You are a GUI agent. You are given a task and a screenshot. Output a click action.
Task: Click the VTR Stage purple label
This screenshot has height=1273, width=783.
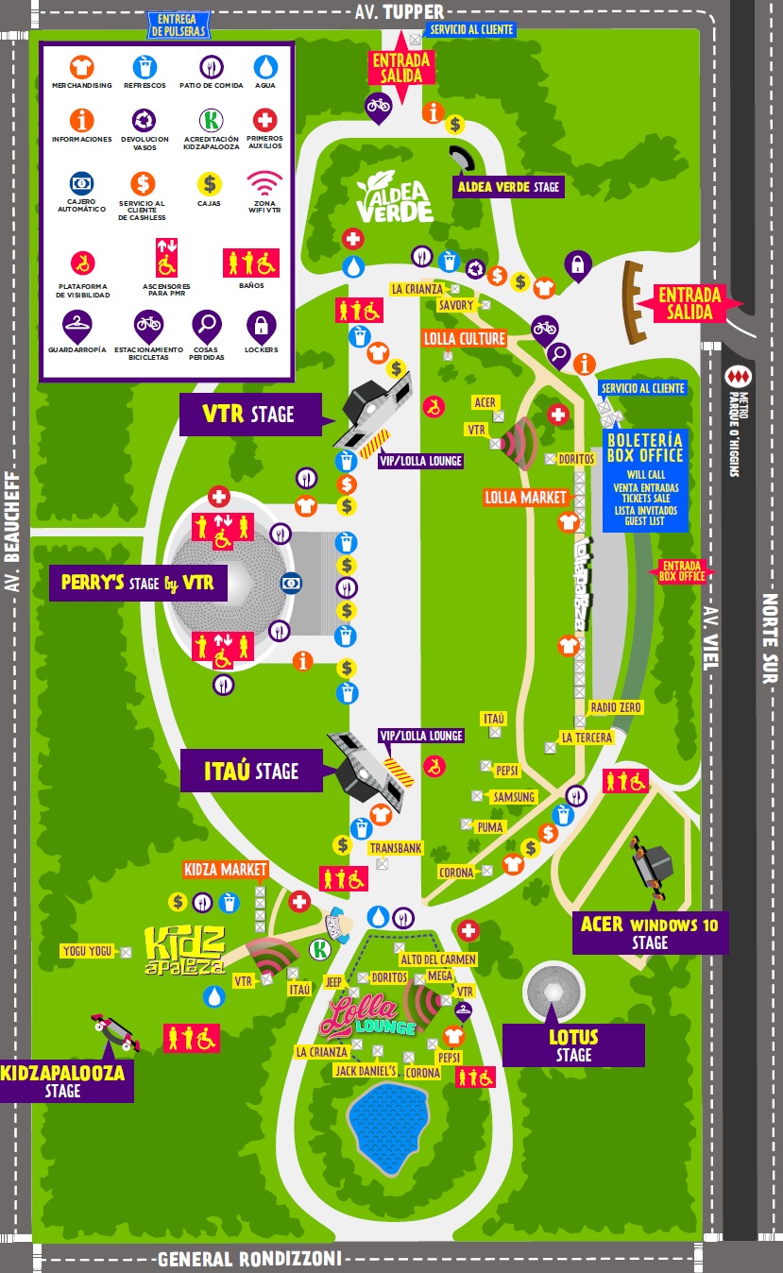(247, 415)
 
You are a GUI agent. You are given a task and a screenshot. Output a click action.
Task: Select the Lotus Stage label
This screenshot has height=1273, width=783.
(573, 1045)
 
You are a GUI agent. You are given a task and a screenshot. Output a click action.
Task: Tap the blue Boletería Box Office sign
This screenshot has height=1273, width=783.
(645, 480)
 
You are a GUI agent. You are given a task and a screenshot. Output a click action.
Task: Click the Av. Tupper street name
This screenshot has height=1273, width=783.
(399, 11)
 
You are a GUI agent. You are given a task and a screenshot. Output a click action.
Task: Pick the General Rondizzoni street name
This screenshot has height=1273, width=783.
(249, 1259)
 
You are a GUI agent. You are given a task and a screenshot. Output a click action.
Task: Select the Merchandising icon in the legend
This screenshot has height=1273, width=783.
(81, 67)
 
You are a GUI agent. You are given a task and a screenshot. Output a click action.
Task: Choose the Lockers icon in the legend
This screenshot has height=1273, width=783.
(262, 328)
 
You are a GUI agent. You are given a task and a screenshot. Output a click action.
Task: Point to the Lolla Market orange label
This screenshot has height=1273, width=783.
(526, 497)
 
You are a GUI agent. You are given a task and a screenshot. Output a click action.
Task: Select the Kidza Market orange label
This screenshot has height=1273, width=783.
(226, 869)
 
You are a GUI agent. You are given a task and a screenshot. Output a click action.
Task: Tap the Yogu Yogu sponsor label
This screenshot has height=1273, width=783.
(87, 951)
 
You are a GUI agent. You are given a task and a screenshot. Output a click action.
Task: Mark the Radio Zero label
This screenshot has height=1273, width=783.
(615, 707)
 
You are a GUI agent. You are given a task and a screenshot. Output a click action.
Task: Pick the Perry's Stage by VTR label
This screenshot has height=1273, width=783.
(137, 584)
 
